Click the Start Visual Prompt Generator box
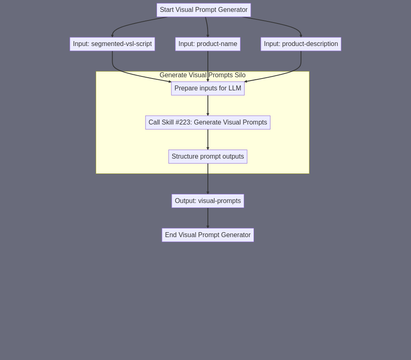pos(204,10)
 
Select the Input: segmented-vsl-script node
pos(112,44)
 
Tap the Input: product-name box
pos(208,44)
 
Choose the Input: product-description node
pos(301,44)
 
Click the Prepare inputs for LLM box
pos(208,88)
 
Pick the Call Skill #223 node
pos(208,122)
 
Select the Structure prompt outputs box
pos(208,157)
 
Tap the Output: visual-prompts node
pos(208,201)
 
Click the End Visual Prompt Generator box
pos(208,235)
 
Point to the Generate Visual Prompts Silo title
pos(203,75)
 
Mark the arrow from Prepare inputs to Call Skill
pos(208,106)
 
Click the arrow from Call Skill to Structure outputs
pos(208,140)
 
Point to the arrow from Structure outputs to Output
pos(208,179)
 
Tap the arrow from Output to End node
pos(208,218)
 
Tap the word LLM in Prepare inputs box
pos(235,88)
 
